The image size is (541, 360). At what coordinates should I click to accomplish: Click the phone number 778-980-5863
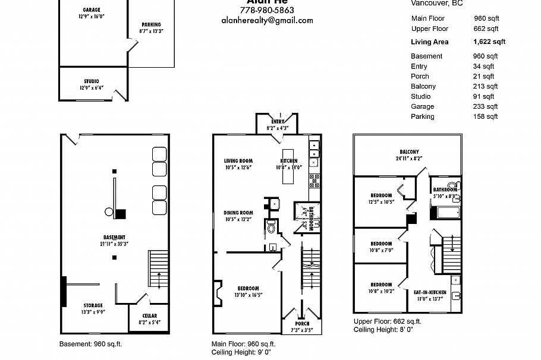(266, 11)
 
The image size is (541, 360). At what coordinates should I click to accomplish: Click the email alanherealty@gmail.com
(266, 20)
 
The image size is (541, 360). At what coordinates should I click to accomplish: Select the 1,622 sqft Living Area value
(489, 42)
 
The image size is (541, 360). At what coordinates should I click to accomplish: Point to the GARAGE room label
(91, 10)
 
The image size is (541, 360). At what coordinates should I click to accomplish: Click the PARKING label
(151, 24)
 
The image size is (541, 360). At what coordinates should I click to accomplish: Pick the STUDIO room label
(91, 81)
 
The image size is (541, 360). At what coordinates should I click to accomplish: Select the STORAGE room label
(93, 305)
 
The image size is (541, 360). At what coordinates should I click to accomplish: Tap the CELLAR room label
(149, 316)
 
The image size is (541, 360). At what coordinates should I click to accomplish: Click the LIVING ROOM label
(238, 161)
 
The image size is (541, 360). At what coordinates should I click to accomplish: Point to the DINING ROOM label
(238, 213)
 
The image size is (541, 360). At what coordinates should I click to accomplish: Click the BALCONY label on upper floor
(409, 151)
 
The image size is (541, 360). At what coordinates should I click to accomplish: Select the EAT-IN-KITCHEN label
(430, 292)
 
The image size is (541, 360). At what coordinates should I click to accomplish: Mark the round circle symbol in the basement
(109, 211)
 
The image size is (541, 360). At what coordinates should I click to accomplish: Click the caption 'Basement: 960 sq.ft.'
(90, 344)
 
